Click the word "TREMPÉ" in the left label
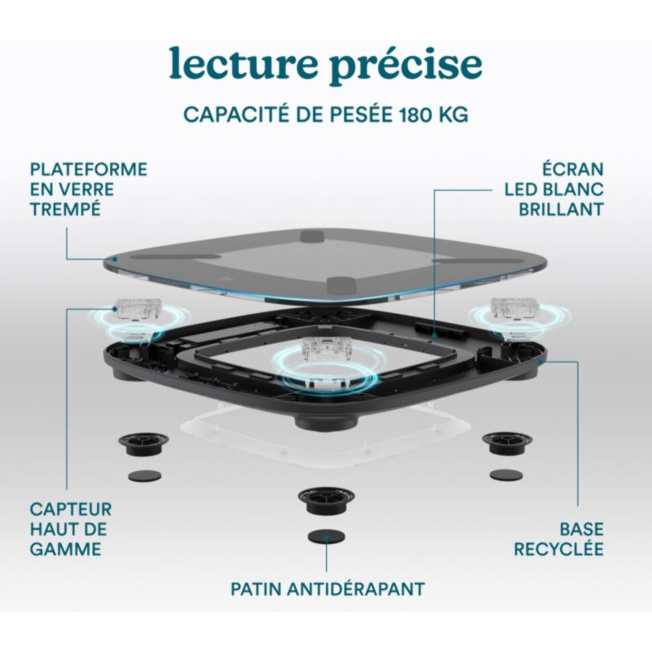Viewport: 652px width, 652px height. tap(66, 209)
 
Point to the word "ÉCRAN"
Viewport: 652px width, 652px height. tap(573, 169)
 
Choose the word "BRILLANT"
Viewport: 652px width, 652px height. tap(561, 209)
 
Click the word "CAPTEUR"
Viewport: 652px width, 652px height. tap(71, 509)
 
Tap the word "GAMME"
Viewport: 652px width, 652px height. tap(66, 549)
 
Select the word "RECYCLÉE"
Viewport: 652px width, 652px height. tap(558, 549)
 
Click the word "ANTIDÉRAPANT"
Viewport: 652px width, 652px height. tap(356, 589)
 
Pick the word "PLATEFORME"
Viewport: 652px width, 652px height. tap(89, 169)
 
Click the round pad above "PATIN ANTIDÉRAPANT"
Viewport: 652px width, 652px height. tap(326, 536)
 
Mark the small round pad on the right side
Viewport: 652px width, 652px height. tap(506, 475)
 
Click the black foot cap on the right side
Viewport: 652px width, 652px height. tap(506, 442)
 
